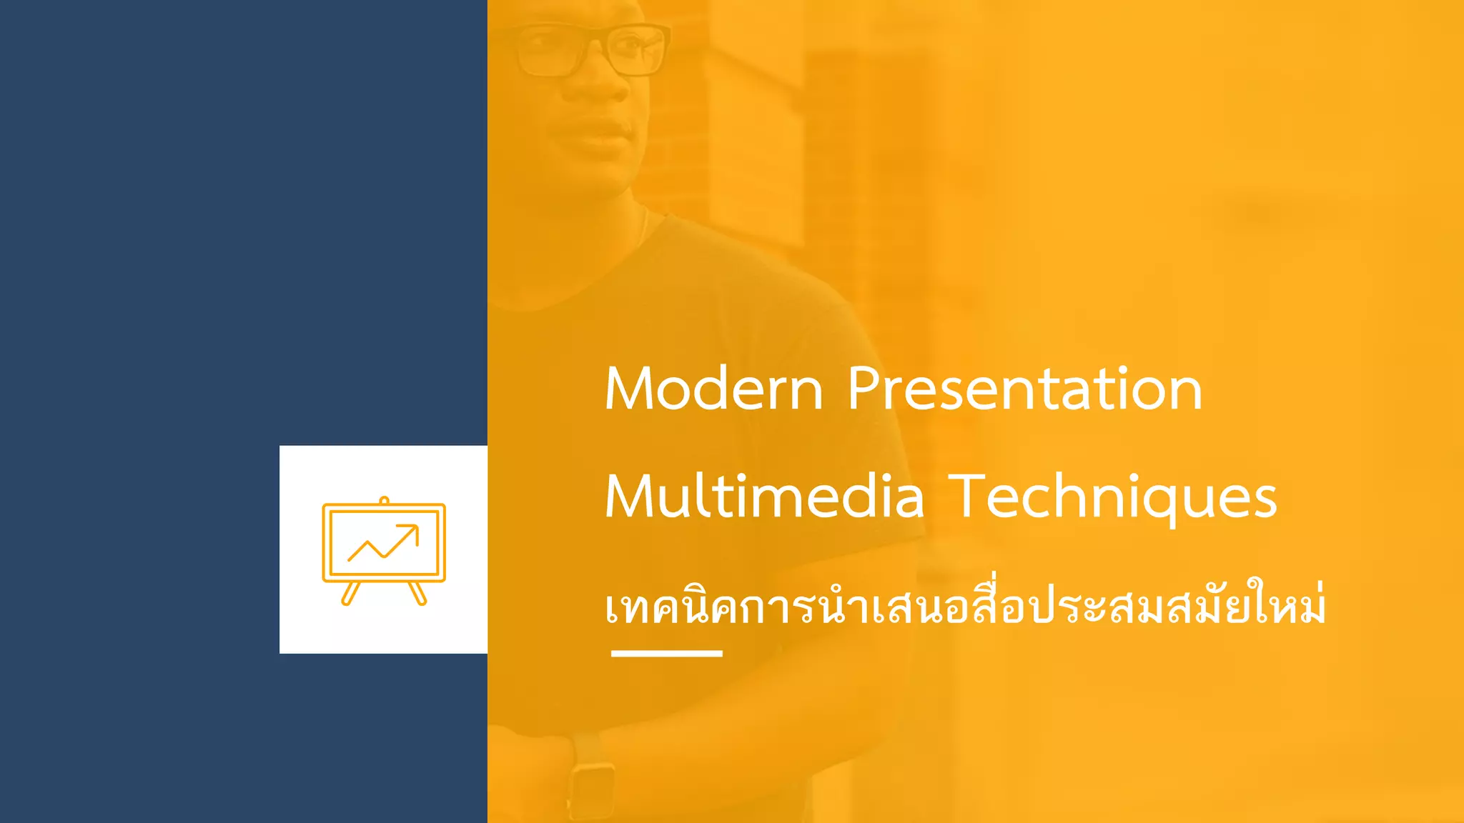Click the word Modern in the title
[x=713, y=389]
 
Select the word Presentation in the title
[x=1024, y=389]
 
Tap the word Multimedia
[x=764, y=497]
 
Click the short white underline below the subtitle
[x=666, y=653]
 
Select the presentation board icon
[x=384, y=550]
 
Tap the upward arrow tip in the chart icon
[x=415, y=528]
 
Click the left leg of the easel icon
[x=350, y=594]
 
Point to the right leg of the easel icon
[x=417, y=594]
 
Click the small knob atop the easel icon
[x=384, y=500]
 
